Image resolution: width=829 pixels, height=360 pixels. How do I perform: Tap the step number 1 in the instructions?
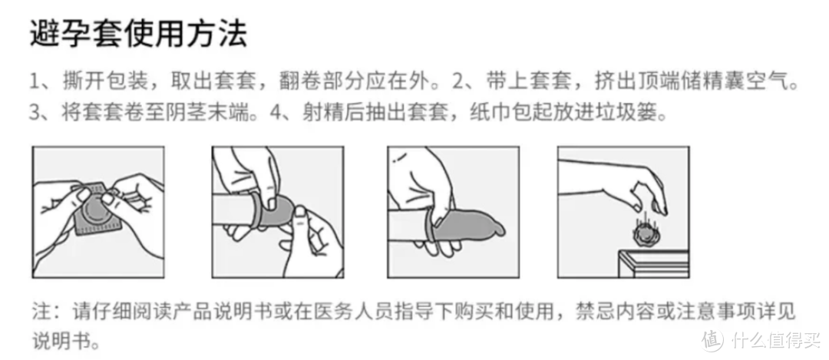tap(35, 81)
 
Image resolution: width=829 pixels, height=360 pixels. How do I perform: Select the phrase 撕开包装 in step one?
tap(101, 81)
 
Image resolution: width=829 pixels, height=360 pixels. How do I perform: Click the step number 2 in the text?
tap(450, 81)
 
